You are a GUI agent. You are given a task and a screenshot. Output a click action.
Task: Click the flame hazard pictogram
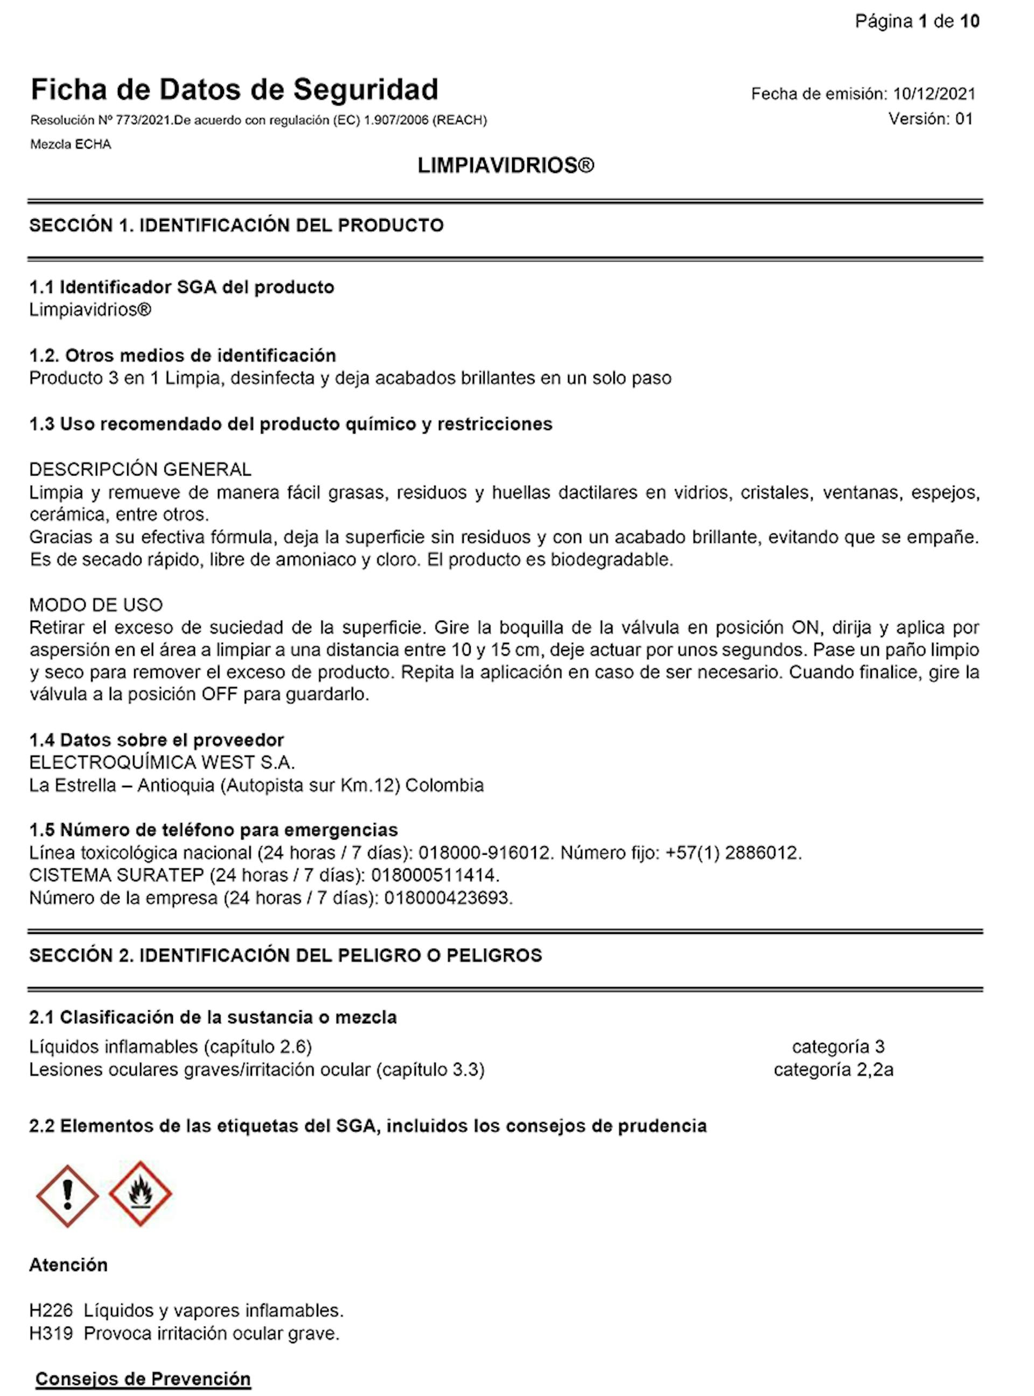pos(140,1194)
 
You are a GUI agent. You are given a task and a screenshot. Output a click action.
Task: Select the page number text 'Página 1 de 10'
pos(917,22)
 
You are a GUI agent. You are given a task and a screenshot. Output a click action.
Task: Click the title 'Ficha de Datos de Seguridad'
pos(234,89)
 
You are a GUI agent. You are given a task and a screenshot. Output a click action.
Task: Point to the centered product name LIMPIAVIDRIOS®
pos(506,166)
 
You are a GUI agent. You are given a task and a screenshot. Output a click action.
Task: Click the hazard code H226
pos(51,1310)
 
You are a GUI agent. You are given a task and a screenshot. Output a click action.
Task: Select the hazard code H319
pos(51,1334)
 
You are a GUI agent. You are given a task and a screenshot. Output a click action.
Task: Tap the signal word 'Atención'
pos(68,1265)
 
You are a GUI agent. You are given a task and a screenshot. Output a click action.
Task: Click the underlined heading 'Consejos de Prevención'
pos(143,1379)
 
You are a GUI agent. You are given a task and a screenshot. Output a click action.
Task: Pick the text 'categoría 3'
pos(838,1046)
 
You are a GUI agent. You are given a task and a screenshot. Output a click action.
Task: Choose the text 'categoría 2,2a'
pos(833,1070)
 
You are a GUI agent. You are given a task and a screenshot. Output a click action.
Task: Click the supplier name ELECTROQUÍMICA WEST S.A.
pos(162,763)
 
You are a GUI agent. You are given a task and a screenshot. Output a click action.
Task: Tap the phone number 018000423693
pos(448,898)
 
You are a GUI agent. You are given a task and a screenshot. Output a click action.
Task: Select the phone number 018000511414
pos(435,875)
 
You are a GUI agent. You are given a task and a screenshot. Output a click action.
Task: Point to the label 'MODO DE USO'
pos(96,605)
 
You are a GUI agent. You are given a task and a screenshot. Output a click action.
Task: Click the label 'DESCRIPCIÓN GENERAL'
pos(140,470)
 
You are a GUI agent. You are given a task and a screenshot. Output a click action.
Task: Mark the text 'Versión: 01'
pos(931,119)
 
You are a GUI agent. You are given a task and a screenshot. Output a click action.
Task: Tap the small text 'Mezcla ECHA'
pos(71,144)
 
